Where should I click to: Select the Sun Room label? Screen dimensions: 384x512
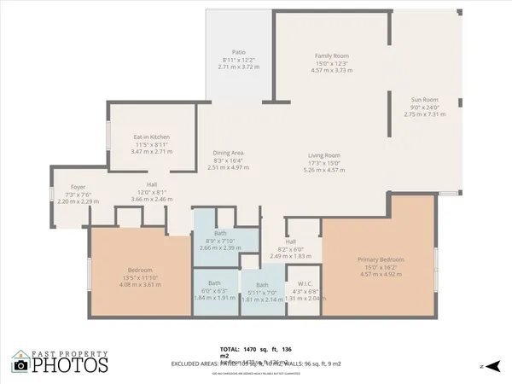(424, 99)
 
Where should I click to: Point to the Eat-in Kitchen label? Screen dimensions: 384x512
(151, 137)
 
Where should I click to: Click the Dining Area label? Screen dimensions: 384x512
(228, 153)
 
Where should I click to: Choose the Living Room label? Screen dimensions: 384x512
(324, 155)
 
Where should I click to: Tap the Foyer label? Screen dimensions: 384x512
(78, 186)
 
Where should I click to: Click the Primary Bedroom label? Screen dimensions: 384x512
(381, 259)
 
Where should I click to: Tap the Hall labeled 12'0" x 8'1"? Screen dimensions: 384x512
(151, 184)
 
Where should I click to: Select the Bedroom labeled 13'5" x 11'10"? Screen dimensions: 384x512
(127, 271)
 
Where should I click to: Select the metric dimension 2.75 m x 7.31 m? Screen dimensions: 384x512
(424, 114)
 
